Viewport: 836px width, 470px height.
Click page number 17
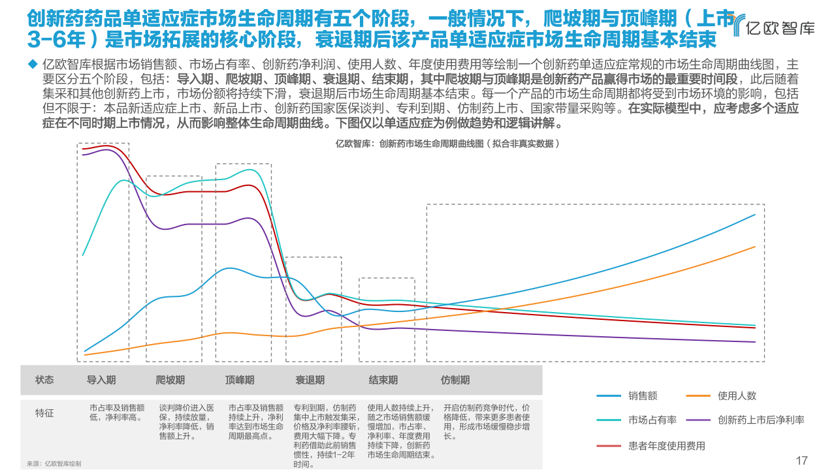802,460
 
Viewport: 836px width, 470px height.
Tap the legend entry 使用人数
737,396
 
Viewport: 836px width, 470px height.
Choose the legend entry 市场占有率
651,420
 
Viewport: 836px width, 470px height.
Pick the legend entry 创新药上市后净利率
760,420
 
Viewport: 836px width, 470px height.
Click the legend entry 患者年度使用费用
666,446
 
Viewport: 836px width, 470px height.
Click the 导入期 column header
101,380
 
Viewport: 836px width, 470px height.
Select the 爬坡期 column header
170,380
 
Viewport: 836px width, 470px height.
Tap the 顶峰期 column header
240,380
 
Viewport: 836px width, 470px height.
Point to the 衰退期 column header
310,380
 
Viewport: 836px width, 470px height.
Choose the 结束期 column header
383,380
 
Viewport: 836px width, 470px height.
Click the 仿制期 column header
455,380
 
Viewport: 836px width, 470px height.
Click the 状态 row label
44,380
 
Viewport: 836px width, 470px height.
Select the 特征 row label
44,413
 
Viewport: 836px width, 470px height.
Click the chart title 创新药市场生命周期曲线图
447,143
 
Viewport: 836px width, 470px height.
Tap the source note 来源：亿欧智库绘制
54,463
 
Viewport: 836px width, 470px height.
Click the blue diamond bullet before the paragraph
31,64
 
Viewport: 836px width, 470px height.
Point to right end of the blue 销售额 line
755,214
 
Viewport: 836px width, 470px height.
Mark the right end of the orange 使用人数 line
755,247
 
